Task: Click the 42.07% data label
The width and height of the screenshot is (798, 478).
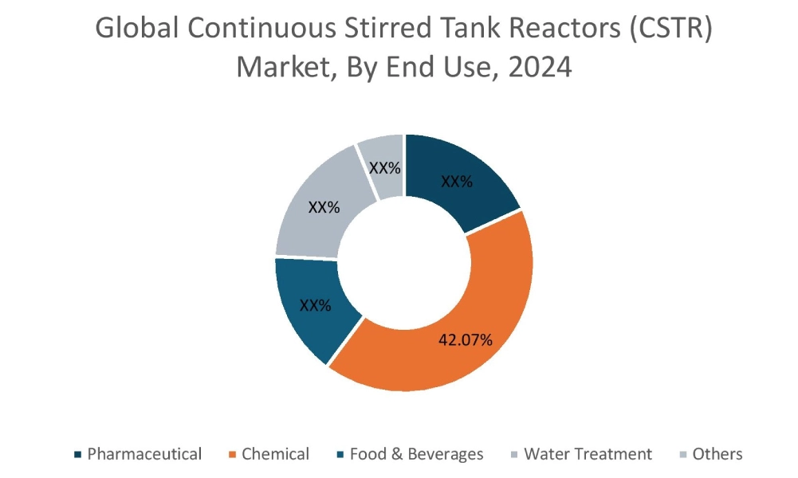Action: [x=466, y=340]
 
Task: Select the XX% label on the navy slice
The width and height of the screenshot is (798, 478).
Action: [x=457, y=182]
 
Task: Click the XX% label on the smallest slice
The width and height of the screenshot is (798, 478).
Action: [x=384, y=168]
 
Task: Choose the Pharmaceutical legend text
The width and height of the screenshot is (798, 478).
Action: [x=144, y=454]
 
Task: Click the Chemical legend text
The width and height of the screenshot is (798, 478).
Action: [x=275, y=454]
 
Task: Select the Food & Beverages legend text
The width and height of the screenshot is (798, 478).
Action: [x=416, y=454]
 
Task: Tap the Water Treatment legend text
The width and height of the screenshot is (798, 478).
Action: [x=588, y=454]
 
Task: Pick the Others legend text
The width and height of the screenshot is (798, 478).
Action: [x=717, y=454]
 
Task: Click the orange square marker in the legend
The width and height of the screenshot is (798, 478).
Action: [x=232, y=455]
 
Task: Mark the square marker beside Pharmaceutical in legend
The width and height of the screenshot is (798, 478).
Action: [x=77, y=455]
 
